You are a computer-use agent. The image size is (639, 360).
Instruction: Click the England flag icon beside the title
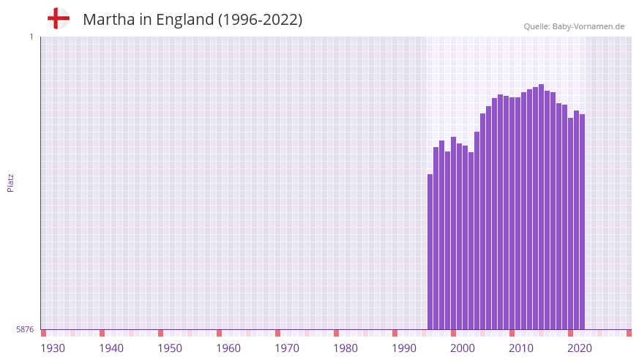58,18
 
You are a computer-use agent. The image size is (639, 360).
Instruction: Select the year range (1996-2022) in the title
260,20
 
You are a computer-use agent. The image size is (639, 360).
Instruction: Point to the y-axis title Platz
10,183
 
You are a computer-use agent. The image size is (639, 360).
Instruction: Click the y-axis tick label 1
31,37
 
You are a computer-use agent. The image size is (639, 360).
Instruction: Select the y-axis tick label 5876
25,330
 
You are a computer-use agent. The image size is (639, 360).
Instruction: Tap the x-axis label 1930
53,348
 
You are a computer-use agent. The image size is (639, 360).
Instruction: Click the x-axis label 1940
111,348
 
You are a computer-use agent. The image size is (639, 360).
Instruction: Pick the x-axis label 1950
170,348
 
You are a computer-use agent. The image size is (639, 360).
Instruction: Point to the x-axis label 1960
228,348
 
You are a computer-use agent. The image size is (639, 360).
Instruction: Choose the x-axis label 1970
287,348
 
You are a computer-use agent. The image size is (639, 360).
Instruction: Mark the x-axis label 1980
345,348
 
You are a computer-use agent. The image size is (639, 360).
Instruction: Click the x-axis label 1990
404,348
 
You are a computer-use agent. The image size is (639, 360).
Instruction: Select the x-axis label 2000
463,348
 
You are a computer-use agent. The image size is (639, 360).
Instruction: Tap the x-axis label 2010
521,348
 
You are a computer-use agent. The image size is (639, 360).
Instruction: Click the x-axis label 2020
580,348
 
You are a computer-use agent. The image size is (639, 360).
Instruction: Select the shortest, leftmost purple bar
430,252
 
